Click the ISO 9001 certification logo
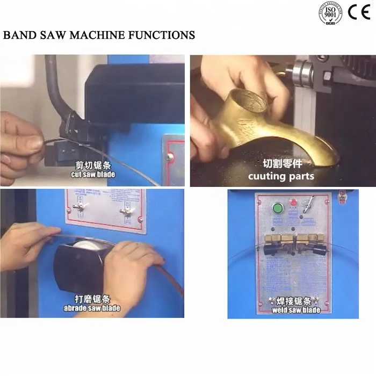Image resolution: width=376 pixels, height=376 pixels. [x=330, y=13]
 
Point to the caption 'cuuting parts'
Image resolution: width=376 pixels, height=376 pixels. [x=281, y=176]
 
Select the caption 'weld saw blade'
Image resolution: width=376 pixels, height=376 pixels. [x=296, y=310]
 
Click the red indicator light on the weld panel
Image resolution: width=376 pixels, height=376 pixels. [x=293, y=203]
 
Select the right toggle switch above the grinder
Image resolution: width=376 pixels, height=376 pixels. [x=127, y=211]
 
